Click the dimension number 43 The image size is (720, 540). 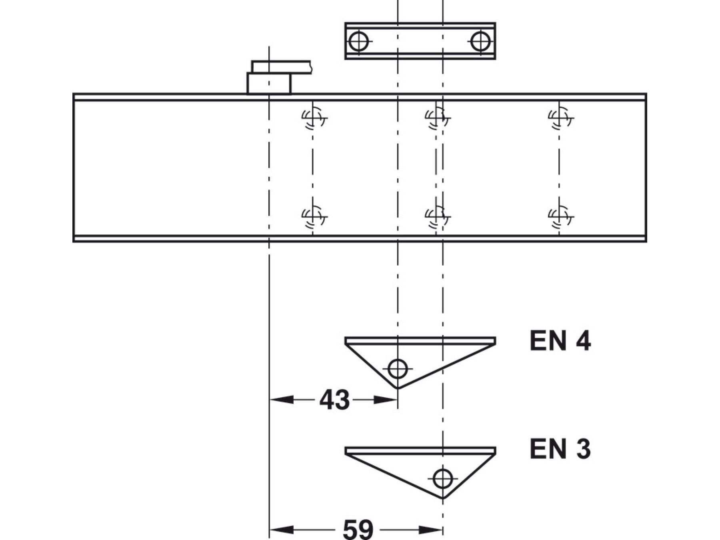click(x=334, y=400)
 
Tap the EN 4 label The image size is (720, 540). click(x=560, y=341)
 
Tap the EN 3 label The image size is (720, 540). click(x=560, y=449)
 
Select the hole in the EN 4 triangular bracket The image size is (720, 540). click(x=398, y=368)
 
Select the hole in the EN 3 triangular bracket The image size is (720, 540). click(x=442, y=478)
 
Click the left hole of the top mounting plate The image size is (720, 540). click(x=358, y=41)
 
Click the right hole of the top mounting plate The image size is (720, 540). click(x=480, y=41)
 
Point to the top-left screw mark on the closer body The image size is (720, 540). click(x=313, y=118)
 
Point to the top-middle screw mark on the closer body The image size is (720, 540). click(x=436, y=118)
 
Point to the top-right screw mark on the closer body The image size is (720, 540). click(x=559, y=118)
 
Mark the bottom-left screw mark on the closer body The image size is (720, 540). click(x=313, y=217)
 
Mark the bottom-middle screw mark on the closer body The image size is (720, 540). click(x=436, y=217)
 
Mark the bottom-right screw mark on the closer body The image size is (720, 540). click(x=559, y=217)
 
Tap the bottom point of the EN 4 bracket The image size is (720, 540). click(x=397, y=388)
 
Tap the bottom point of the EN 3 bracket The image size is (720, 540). click(x=443, y=498)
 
